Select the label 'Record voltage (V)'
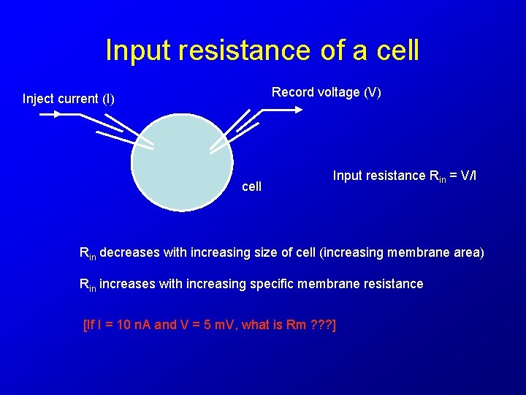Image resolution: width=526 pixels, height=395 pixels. coord(327,92)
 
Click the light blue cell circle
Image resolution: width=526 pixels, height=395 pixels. coord(182,165)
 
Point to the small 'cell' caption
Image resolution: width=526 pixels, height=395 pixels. coord(251,187)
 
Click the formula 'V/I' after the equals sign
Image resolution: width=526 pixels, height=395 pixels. coord(469,176)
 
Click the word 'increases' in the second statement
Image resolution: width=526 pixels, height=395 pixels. coord(127,284)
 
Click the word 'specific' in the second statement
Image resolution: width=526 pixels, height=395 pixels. coord(272,284)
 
